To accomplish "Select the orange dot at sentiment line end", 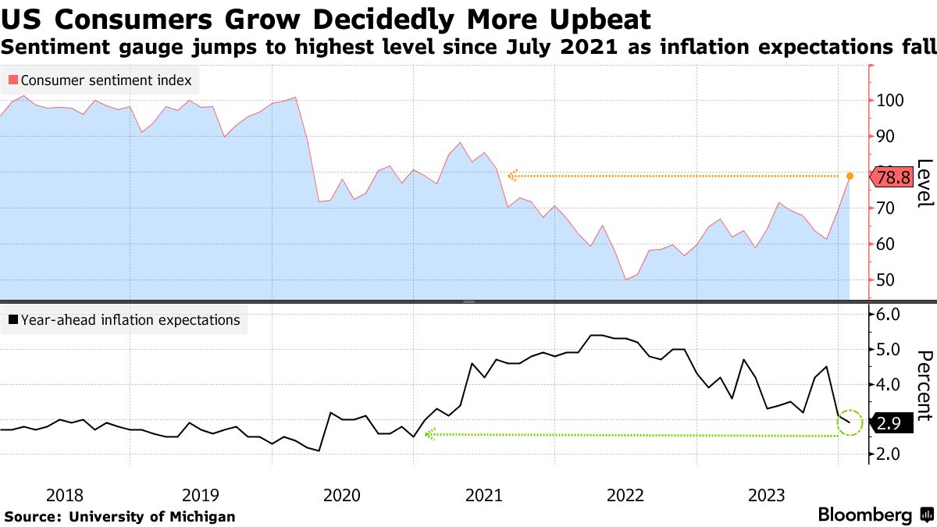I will tap(850, 176).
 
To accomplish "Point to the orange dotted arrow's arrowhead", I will tap(512, 176).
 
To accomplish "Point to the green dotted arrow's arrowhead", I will tap(429, 435).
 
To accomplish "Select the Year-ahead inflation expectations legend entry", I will tap(125, 319).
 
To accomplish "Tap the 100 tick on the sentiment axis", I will tap(890, 101).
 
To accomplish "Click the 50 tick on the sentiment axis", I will tap(885, 280).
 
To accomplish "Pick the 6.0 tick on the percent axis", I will tap(889, 314).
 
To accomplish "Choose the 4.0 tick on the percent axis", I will tap(889, 384).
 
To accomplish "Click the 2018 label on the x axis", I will tap(64, 495).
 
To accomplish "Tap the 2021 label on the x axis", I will tap(483, 495).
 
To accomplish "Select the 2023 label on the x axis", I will tap(767, 495).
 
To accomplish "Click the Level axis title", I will tap(925, 183).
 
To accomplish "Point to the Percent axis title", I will tap(925, 386).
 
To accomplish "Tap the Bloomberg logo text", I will tap(864, 515).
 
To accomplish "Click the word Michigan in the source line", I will tap(201, 516).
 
